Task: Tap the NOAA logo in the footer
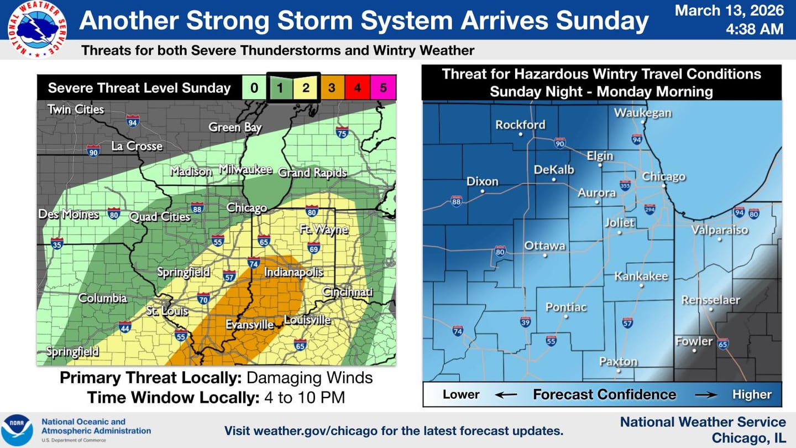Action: (17, 430)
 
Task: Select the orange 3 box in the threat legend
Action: (332, 87)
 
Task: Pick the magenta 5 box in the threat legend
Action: (383, 87)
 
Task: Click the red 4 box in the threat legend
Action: (357, 87)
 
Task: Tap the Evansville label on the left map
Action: (249, 325)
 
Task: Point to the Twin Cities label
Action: (76, 109)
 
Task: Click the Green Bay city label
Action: (235, 127)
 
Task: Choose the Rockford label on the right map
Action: (520, 124)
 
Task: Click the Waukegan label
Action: (643, 113)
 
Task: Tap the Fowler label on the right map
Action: (694, 341)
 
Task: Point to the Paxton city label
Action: (619, 361)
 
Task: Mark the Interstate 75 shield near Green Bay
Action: (342, 132)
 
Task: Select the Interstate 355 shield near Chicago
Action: (625, 185)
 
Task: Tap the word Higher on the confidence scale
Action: (752, 394)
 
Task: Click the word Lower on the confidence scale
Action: (461, 394)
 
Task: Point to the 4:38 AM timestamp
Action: (755, 29)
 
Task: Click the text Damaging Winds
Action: (310, 378)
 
